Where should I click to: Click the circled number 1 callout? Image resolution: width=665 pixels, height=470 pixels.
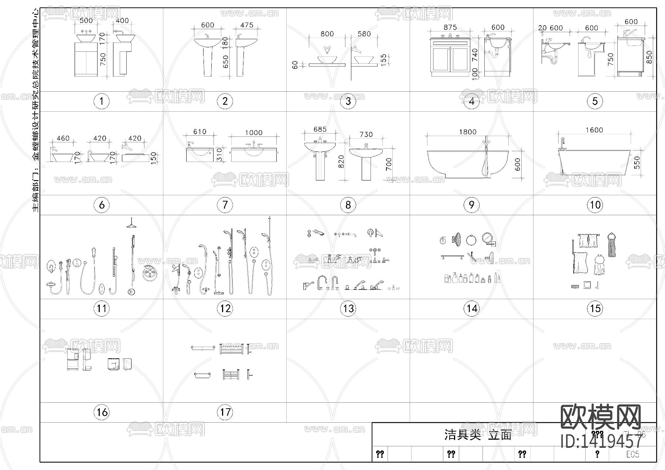tap(102, 101)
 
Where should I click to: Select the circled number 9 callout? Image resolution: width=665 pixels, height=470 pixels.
tap(471, 205)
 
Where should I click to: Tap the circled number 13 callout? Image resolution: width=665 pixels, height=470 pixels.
tap(348, 308)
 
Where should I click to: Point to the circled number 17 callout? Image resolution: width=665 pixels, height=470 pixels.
tap(225, 412)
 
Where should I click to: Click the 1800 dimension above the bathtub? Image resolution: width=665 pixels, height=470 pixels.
tap(467, 132)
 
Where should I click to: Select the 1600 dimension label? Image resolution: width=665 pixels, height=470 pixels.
tap(594, 130)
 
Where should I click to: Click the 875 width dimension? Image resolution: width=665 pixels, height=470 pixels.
tap(450, 27)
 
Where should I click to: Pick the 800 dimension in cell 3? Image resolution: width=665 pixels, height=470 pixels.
tap(327, 34)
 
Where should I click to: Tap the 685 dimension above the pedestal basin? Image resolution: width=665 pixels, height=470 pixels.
tap(320, 129)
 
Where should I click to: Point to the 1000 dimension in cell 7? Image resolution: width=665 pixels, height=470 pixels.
tap(253, 132)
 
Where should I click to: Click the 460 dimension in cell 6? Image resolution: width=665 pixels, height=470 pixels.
tap(63, 138)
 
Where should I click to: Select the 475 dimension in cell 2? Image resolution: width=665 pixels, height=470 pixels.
tap(246, 25)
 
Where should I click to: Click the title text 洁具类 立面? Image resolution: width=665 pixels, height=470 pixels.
tap(478, 435)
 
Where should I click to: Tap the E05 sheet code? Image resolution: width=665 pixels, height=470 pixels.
tap(632, 454)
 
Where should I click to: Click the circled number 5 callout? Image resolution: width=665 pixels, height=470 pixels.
tap(595, 101)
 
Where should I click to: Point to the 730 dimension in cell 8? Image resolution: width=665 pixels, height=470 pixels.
tap(366, 134)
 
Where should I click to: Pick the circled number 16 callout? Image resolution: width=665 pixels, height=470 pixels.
tap(102, 412)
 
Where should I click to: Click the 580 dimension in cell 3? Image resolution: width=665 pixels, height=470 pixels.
tap(364, 34)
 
